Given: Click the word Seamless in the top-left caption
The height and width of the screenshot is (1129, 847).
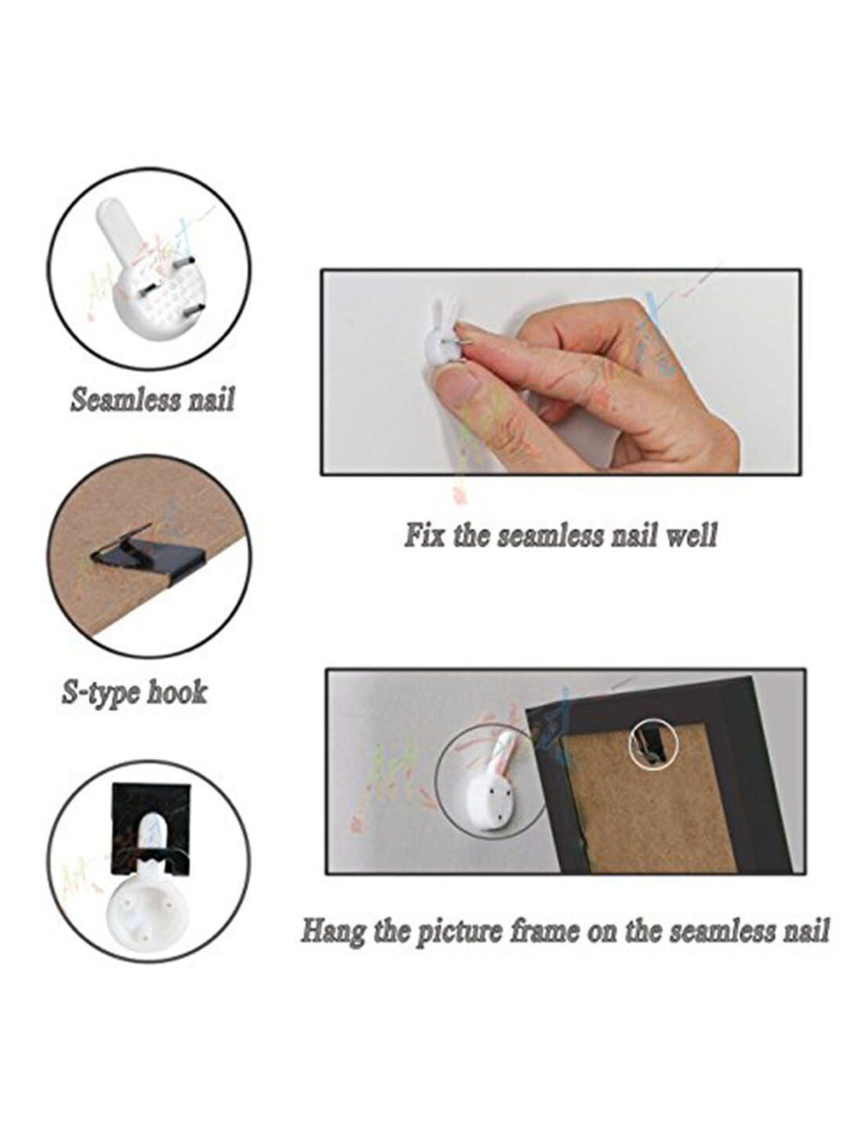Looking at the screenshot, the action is click(125, 400).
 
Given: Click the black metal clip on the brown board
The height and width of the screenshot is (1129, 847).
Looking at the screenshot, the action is click(150, 555).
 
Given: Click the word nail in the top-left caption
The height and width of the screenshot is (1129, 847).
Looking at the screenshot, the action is click(211, 400).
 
